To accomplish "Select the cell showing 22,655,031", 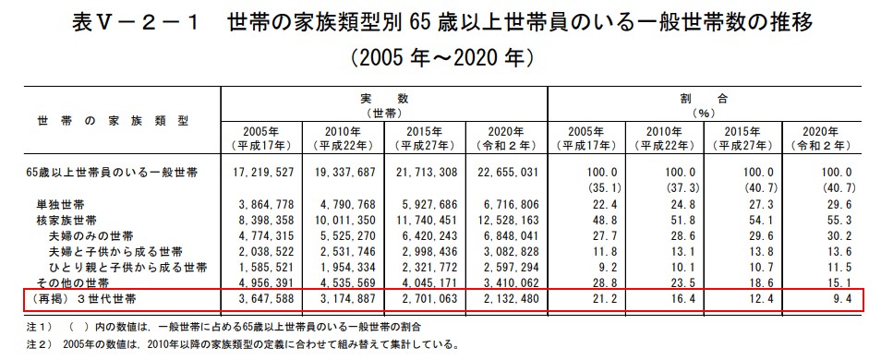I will click(508, 173).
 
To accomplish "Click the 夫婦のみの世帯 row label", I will click(91, 235).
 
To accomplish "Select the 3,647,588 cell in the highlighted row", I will click(266, 300).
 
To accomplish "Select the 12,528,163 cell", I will click(508, 220).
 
